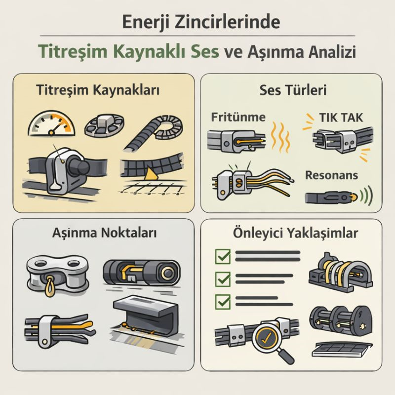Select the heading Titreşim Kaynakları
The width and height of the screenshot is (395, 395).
tap(98, 90)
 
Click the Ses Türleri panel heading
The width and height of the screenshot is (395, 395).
tap(293, 90)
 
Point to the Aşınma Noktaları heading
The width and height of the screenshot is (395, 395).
tap(104, 232)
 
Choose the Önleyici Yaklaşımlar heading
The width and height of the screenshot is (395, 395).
tap(295, 233)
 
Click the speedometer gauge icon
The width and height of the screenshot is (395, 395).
tap(51, 123)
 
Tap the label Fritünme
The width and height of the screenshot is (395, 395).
tap(238, 117)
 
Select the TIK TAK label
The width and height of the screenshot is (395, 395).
tap(341, 118)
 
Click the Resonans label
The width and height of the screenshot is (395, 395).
tap(331, 175)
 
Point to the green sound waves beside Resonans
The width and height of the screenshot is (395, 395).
tap(366, 196)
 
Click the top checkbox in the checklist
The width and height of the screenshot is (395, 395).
tap(223, 256)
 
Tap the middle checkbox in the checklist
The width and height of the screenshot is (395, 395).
tap(223, 279)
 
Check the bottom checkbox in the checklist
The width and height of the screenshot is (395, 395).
tap(223, 302)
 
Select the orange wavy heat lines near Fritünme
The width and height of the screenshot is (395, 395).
tap(280, 137)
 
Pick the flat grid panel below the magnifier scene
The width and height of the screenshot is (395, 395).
tap(342, 350)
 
